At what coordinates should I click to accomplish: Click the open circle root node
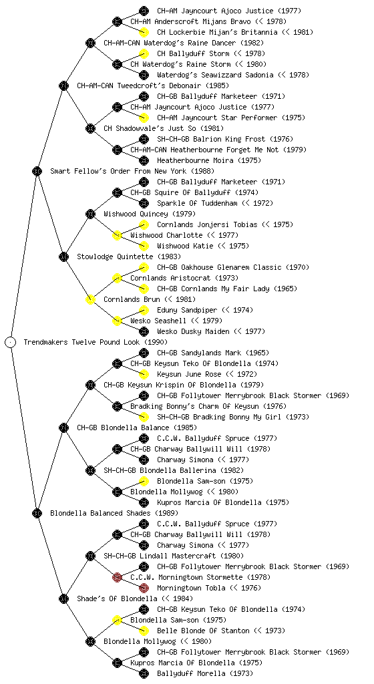(11, 342)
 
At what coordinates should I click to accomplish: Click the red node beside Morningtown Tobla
(144, 588)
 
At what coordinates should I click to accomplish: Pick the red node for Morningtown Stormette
(117, 577)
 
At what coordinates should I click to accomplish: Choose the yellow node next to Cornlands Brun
(90, 299)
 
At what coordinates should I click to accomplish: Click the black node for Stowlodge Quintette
(63, 256)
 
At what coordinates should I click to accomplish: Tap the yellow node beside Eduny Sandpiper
(144, 310)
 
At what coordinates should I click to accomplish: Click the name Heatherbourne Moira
(195, 160)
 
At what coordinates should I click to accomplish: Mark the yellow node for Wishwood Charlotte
(117, 235)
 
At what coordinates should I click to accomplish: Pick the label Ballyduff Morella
(191, 673)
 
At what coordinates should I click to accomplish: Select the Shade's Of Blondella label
(117, 598)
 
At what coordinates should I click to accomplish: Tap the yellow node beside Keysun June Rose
(144, 374)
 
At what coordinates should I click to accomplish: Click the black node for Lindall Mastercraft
(90, 556)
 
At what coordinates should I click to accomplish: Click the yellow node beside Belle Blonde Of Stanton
(144, 631)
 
